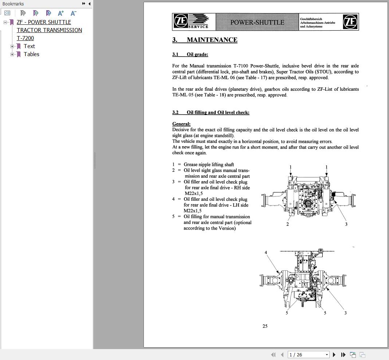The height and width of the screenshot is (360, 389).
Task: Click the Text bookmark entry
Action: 29,46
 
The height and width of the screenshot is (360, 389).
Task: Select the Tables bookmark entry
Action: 31,54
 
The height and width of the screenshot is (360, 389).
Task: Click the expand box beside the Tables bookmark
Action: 12,54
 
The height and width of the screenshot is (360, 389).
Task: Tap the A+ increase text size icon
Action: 61,13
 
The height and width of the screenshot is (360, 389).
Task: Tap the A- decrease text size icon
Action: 73,13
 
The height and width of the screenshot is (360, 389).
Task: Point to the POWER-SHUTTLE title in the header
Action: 257,22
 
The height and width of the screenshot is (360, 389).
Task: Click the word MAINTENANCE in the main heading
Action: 212,40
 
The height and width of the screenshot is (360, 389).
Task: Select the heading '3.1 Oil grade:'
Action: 190,54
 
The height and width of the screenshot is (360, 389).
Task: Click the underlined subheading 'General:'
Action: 181,124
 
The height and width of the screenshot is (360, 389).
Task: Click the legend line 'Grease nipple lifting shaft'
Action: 209,165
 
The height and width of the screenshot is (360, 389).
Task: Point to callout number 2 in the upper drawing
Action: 287,224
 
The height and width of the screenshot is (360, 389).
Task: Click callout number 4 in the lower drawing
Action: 266,253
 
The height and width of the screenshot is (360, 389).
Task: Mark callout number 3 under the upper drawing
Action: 346,224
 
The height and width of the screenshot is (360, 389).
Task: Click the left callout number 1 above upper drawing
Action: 291,167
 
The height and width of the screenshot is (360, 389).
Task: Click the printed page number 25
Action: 265,326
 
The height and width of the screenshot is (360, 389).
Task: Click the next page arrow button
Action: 334,355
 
